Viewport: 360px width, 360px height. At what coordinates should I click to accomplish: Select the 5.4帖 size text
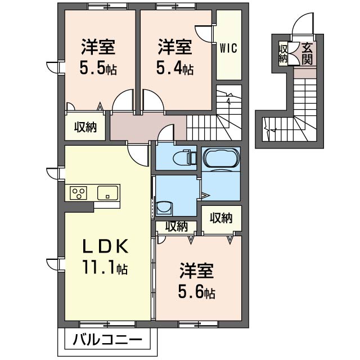tap(174, 69)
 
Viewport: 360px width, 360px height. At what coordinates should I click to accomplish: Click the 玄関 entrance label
tap(308, 53)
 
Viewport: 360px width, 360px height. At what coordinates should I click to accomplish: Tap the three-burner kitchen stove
tap(79, 193)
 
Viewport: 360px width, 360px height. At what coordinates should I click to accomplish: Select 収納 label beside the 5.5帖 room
tap(86, 127)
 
